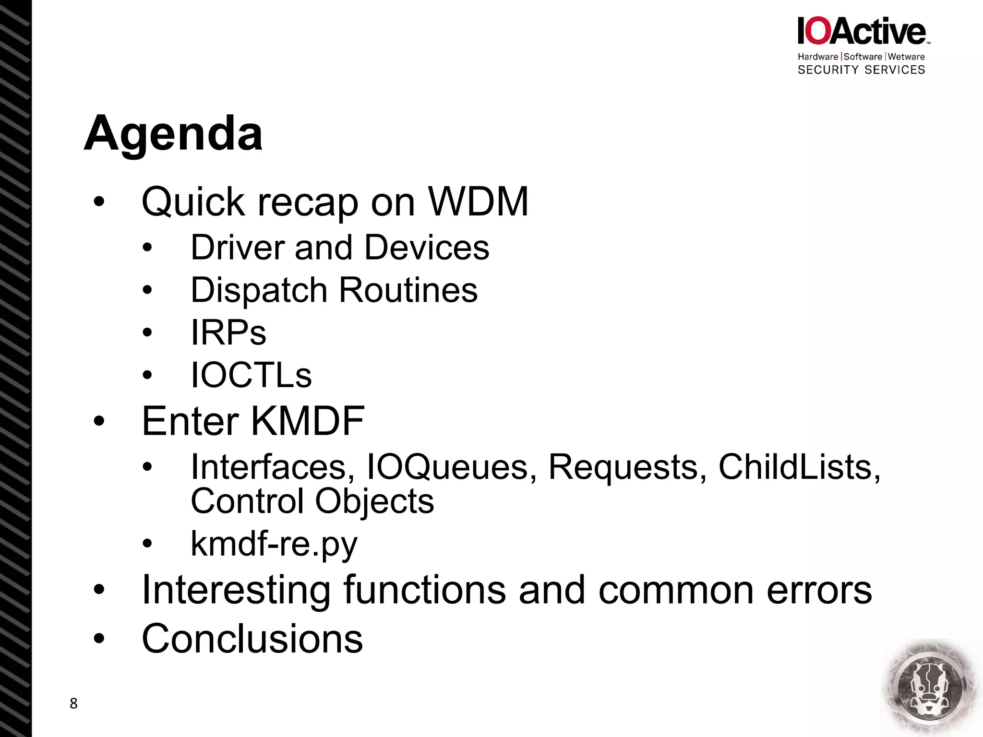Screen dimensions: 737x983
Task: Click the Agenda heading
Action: coord(173,134)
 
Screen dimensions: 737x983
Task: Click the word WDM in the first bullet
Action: coord(478,202)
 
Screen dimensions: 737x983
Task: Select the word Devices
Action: coord(427,248)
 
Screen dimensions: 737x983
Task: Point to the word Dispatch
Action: coord(259,290)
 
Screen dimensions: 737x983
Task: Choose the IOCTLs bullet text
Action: coord(251,375)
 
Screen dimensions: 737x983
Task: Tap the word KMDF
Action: coord(308,421)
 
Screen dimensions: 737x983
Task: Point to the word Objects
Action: coord(374,501)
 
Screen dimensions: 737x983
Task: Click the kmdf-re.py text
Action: coord(274,544)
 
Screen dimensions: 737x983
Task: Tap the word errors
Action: coord(819,590)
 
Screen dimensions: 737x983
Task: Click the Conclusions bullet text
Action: coord(252,639)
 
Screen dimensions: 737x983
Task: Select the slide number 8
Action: coord(73,703)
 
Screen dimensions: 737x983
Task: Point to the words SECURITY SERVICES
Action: coord(861,70)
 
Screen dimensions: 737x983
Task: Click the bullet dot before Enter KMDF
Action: coord(99,421)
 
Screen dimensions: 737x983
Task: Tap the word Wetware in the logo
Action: coord(906,57)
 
